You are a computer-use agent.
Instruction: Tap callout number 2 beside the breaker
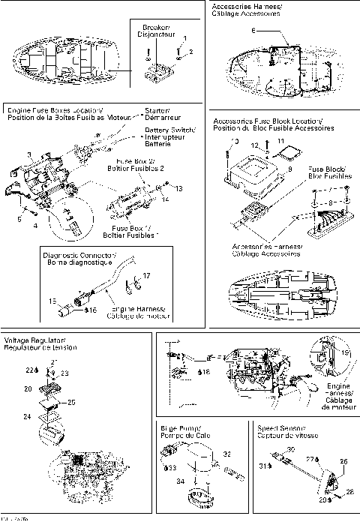point(190,52)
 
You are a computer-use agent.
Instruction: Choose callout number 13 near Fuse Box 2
point(179,189)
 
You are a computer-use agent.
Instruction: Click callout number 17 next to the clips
point(146,276)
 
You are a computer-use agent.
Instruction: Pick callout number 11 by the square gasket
point(281,140)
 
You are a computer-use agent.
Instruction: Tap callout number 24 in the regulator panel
point(28,415)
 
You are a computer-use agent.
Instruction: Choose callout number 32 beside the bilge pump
point(227,454)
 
